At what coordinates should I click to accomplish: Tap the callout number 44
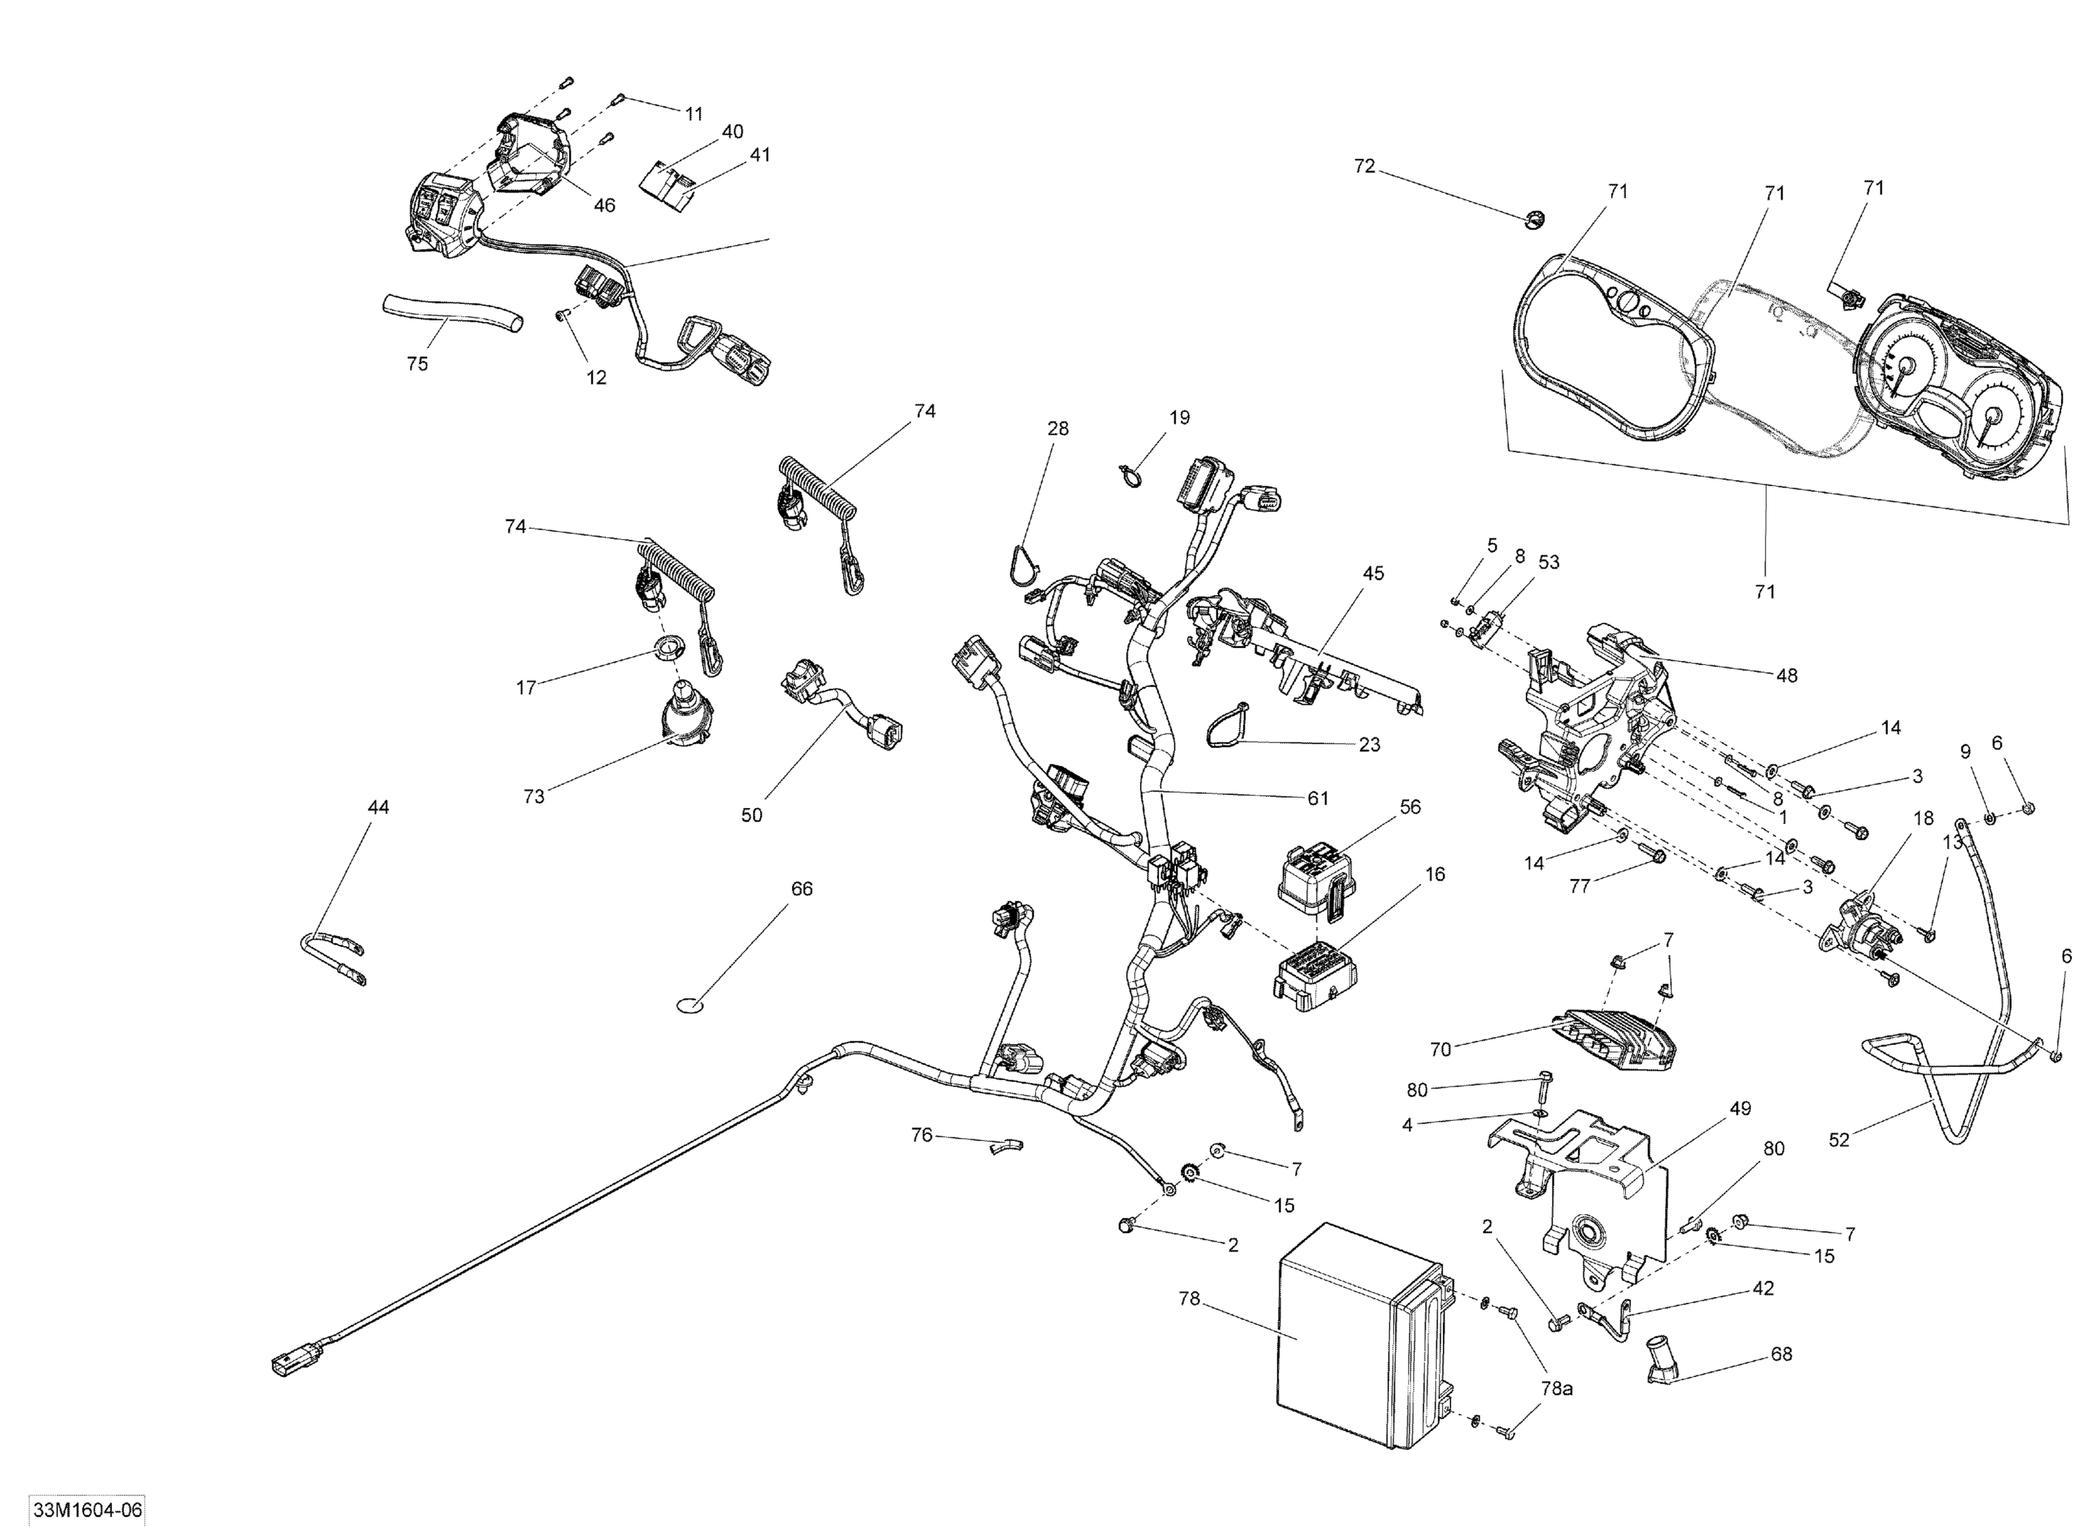378,807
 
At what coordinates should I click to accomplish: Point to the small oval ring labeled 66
688,1003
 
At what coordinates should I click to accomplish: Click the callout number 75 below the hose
417,364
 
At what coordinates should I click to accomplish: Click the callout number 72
1364,166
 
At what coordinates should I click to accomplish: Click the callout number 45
1373,573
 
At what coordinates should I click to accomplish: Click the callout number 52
1838,1140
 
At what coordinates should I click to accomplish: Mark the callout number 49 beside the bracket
1739,1108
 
